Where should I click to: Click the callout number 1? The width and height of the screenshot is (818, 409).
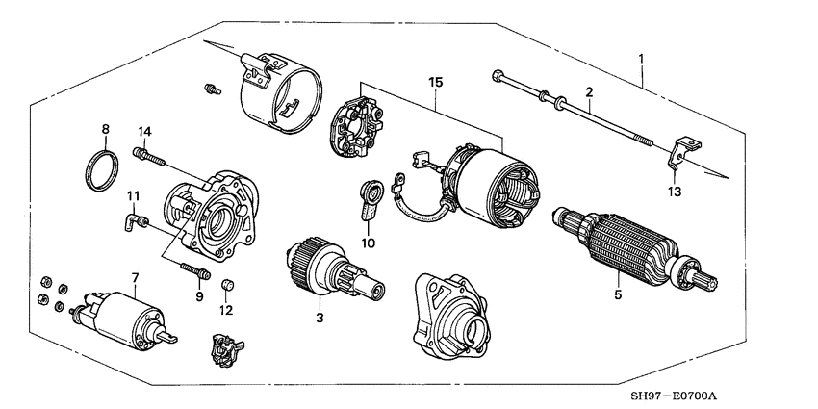(x=641, y=59)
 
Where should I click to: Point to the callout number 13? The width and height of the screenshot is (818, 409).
(x=674, y=192)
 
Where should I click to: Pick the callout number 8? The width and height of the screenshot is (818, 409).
(x=106, y=127)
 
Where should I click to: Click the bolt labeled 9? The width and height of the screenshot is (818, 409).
(x=192, y=270)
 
